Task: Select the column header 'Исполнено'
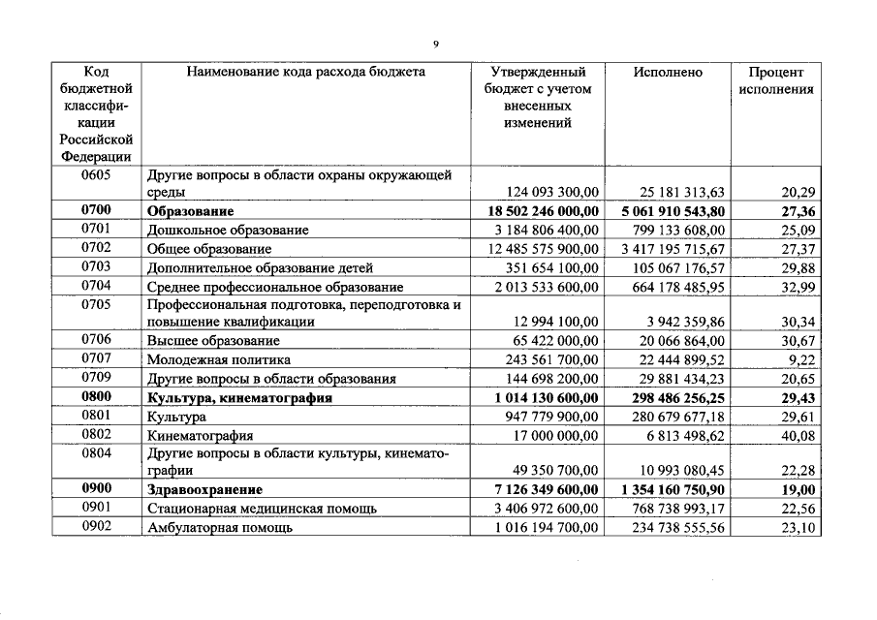[668, 72]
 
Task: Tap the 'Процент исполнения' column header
[776, 80]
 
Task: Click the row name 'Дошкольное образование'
[228, 230]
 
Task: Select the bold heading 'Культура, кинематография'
[239, 397]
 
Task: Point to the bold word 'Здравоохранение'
[204, 490]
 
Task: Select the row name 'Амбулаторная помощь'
[220, 528]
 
